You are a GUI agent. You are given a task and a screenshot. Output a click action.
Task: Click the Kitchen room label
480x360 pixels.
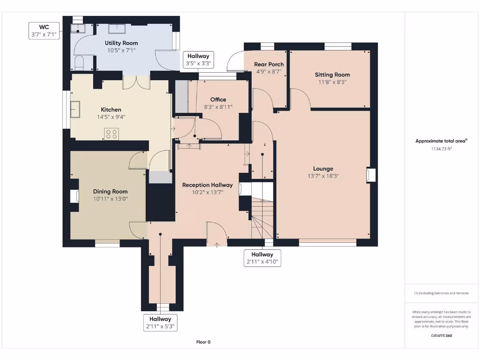pos(111,110)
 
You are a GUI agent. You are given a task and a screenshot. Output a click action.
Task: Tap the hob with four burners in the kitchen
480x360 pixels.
pos(112,134)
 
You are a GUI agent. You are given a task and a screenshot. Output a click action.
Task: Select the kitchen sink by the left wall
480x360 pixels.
pos(75,109)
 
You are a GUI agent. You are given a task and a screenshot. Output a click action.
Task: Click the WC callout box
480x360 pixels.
pos(44,30)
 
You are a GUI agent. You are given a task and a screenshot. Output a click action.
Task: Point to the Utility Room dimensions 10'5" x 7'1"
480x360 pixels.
pos(121,50)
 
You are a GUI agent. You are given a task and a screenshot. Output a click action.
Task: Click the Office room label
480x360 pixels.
pos(218,99)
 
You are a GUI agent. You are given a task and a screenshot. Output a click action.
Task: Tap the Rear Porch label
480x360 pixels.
pos(269,64)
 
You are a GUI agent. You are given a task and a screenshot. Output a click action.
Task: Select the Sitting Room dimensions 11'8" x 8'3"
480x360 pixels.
pos(332,82)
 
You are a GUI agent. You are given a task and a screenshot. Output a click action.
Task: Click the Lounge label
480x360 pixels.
pos(323,169)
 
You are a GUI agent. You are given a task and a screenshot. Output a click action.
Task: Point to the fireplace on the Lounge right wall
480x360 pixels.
pos(371,175)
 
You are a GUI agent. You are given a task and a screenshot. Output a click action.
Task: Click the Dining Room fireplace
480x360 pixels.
pos(75,196)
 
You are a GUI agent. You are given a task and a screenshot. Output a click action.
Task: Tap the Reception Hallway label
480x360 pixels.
pos(208,185)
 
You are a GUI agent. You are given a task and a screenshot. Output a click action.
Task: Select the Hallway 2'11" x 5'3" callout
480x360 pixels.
pos(160,322)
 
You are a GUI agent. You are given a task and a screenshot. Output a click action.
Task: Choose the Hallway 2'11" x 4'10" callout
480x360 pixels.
pos(262,258)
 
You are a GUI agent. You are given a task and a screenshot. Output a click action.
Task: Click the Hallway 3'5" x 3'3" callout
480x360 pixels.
pos(198,60)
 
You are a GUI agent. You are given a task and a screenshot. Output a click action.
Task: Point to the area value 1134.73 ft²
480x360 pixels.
pos(442,149)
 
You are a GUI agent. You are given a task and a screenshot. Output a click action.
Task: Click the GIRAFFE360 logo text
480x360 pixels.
pos(442,336)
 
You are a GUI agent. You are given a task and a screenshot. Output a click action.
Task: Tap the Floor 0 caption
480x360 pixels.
pos(203,342)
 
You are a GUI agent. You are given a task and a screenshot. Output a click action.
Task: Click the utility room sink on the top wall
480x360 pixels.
pos(117,29)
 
